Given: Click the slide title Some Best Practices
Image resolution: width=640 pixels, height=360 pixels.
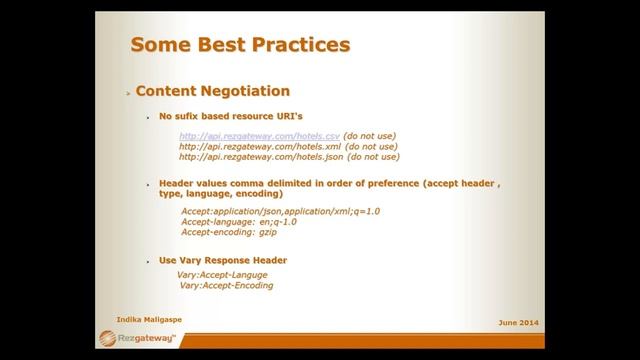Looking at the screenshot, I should [x=240, y=44].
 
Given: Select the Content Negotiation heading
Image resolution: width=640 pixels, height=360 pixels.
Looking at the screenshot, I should [x=212, y=91].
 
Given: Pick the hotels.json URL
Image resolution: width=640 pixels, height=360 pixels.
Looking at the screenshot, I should [x=261, y=157].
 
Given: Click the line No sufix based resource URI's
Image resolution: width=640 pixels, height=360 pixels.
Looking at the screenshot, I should [x=231, y=116].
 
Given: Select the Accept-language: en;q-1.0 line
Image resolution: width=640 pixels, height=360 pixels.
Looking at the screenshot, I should [x=238, y=222].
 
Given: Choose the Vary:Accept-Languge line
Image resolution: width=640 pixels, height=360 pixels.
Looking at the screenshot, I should [x=222, y=274].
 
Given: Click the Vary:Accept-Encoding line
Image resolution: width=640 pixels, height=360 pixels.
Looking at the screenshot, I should [x=226, y=286].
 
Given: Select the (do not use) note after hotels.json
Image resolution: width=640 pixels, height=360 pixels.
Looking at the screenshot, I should [x=372, y=157].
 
